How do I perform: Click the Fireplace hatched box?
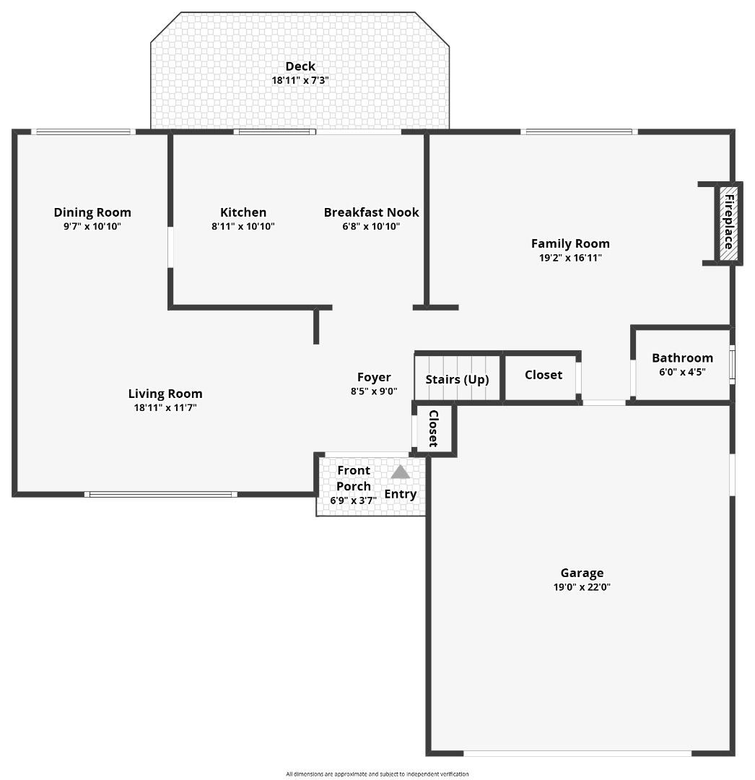click(729, 222)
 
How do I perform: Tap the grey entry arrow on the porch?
click(400, 472)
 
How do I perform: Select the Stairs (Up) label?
click(457, 379)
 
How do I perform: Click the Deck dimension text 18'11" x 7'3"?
click(300, 80)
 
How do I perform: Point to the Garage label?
click(582, 573)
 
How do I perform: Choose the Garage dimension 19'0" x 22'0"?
click(582, 587)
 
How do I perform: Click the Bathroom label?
click(682, 357)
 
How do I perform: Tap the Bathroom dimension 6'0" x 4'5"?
click(682, 372)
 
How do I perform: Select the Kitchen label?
click(243, 212)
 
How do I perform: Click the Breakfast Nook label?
click(371, 212)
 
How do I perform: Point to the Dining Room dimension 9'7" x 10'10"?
click(92, 226)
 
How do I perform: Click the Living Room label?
click(165, 394)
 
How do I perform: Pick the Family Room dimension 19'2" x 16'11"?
click(570, 257)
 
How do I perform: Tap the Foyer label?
click(374, 377)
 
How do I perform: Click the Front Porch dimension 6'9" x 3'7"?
click(354, 500)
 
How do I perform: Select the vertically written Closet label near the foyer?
click(434, 428)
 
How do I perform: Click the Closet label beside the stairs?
click(543, 374)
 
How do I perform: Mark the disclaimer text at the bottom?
click(377, 774)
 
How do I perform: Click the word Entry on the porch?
click(400, 494)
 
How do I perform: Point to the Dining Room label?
click(92, 212)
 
